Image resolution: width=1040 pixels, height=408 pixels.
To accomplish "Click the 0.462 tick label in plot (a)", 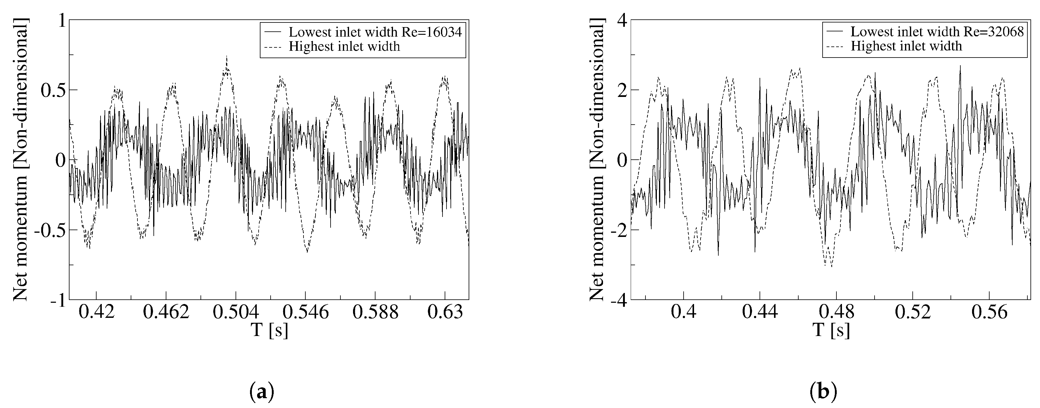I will [166, 313].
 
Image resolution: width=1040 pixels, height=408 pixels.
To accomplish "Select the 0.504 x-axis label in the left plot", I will [236, 313].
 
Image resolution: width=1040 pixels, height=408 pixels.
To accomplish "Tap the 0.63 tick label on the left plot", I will [445, 313].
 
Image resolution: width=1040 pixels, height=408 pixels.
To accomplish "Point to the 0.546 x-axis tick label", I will [306, 313].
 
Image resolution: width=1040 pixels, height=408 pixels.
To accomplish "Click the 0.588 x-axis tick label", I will [375, 313].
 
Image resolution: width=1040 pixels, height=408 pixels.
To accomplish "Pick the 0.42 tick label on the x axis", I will [97, 313].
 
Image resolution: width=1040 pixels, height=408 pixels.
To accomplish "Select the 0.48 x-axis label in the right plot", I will [836, 313].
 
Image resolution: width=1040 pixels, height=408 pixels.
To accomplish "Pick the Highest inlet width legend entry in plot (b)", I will [906, 46].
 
